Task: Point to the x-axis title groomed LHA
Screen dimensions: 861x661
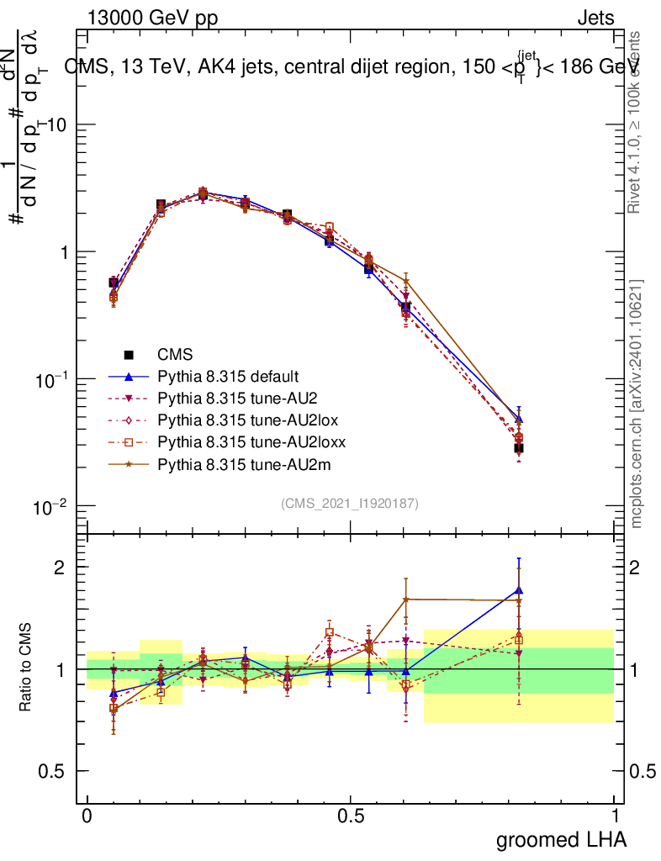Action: click(562, 839)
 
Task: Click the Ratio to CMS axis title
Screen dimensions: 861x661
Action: click(25, 668)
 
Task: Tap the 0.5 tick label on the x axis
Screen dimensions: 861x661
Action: click(351, 816)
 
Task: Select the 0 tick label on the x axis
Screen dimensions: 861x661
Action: click(87, 816)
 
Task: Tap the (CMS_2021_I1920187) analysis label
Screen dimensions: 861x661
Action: click(350, 503)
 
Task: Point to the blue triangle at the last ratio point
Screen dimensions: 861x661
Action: click(519, 590)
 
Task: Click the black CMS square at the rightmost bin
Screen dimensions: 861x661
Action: click(519, 448)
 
